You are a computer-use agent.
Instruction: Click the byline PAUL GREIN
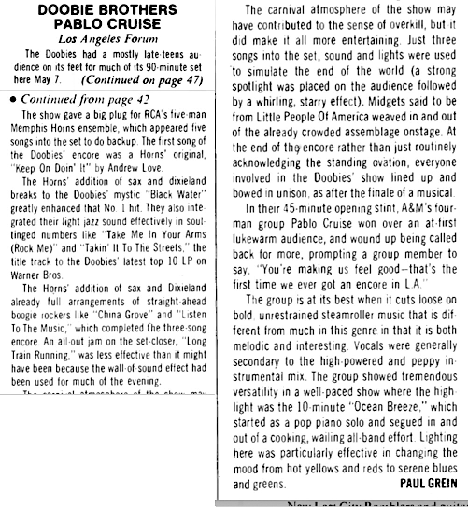coord(429,484)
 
